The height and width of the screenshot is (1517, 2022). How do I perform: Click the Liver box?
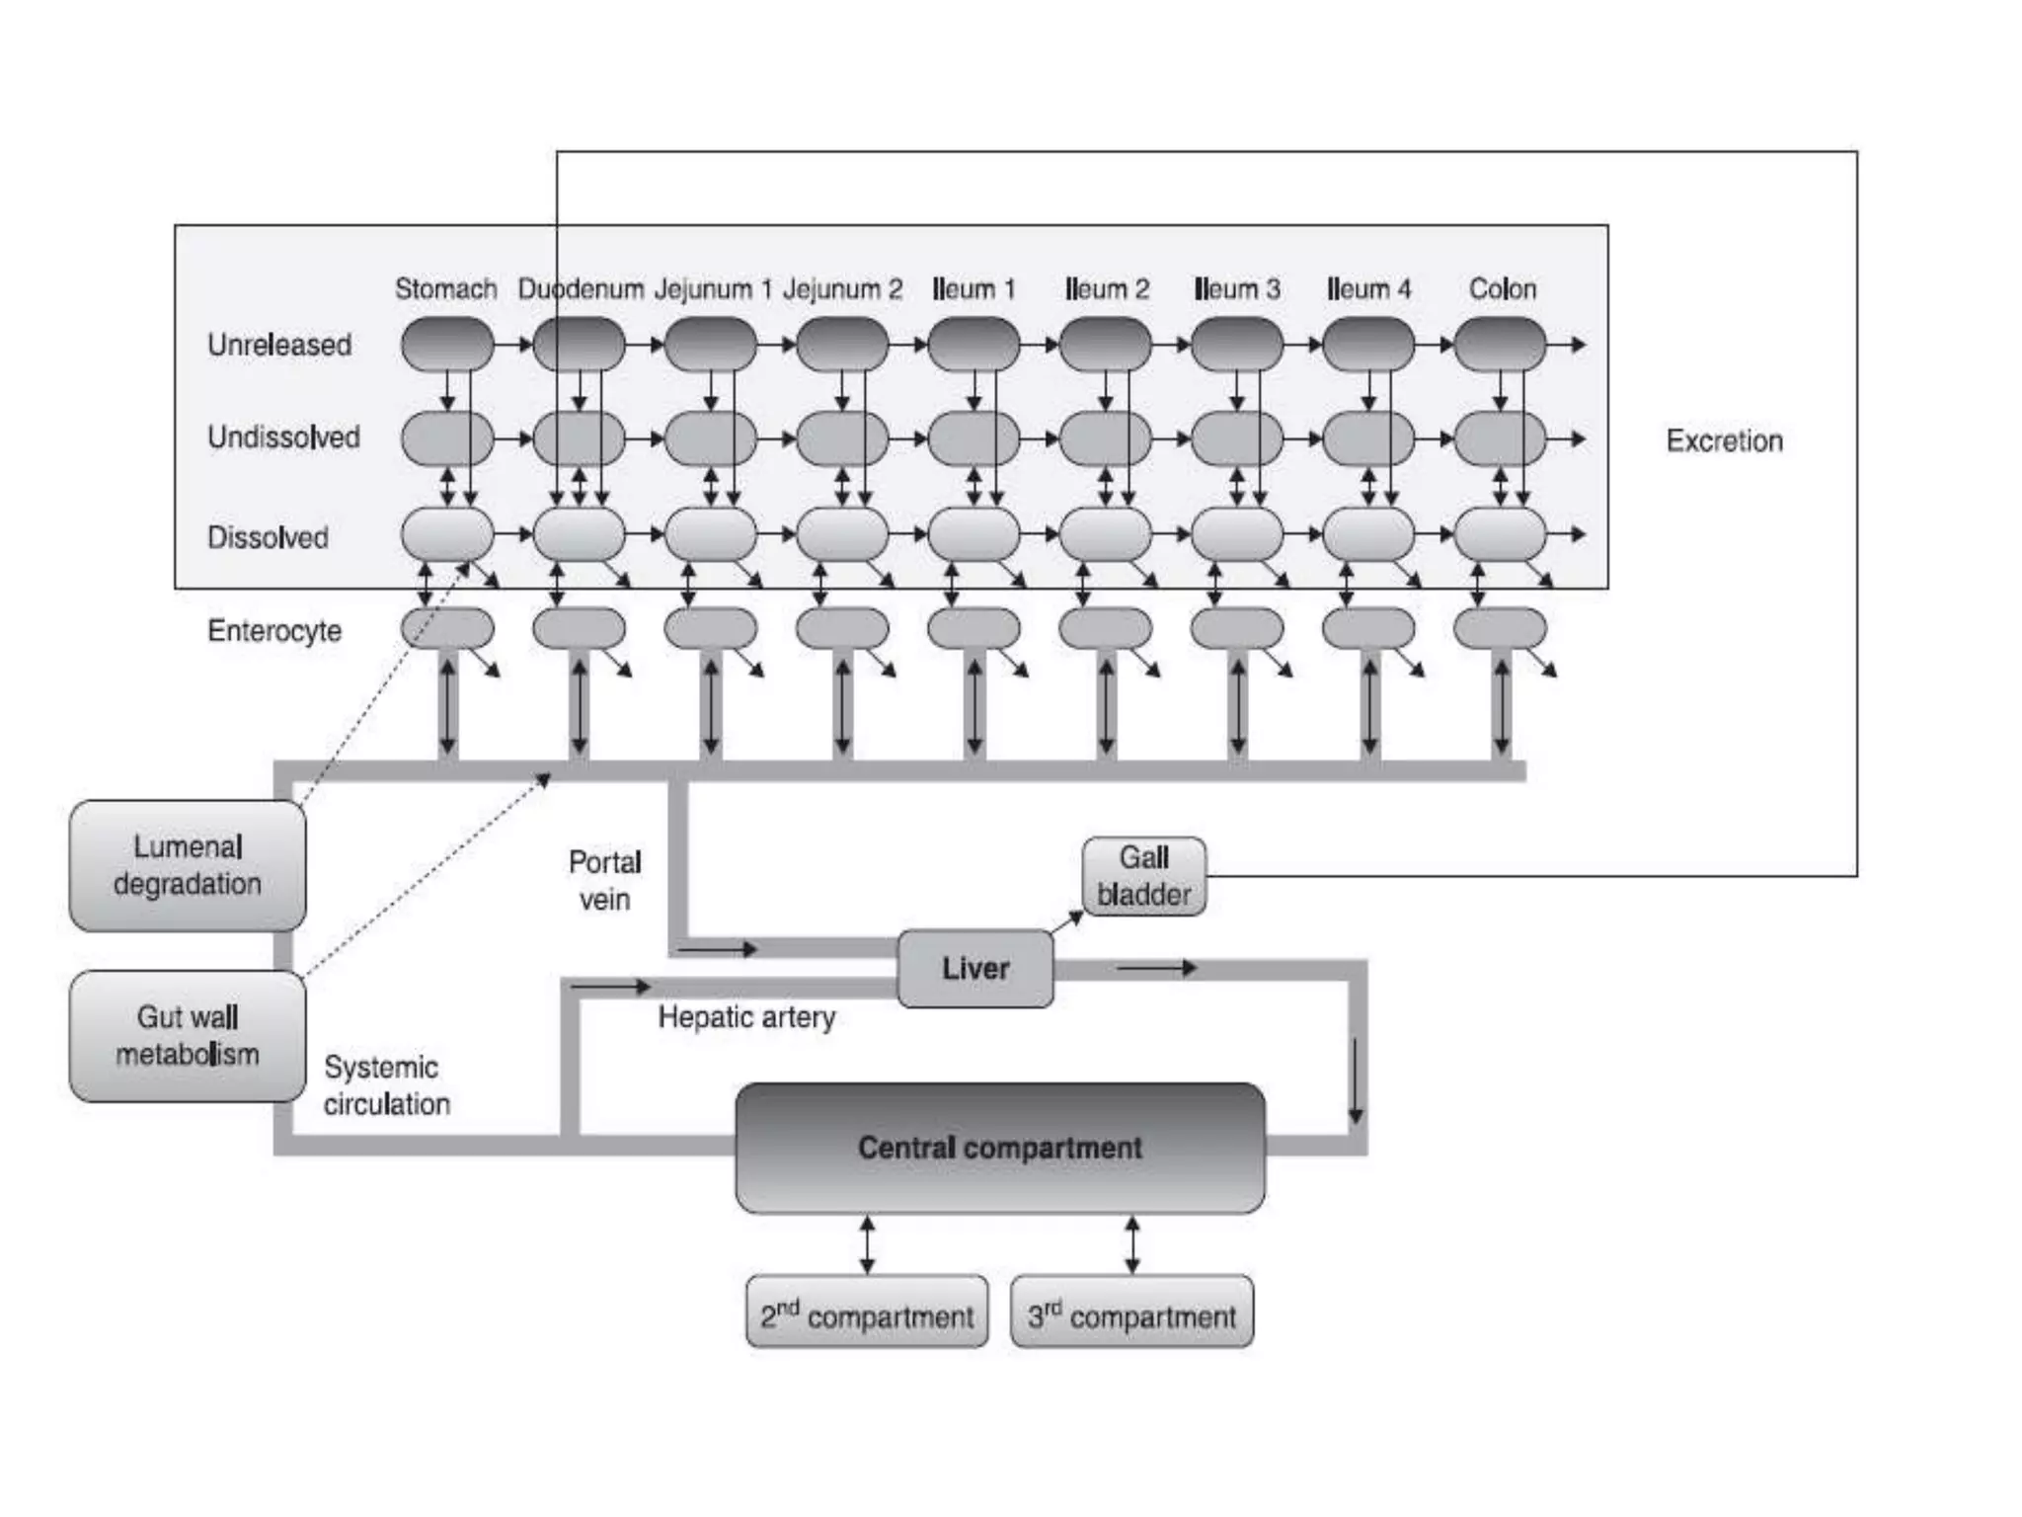tap(974, 969)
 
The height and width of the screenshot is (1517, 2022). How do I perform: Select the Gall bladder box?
tap(1143, 876)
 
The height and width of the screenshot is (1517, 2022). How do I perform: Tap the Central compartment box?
tap(999, 1148)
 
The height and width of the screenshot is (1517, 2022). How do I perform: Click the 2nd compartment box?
tap(867, 1313)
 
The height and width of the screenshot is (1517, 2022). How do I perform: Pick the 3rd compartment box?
tap(1131, 1313)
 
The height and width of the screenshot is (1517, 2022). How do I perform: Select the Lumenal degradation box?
tap(188, 865)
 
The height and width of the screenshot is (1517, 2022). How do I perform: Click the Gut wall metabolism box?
tap(188, 1036)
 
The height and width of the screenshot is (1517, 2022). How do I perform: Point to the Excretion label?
tap(1724, 440)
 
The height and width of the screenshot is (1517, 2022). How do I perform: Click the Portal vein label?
tap(604, 880)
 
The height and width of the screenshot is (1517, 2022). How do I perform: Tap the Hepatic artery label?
tap(746, 1017)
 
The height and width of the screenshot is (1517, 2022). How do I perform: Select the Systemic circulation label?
tap(385, 1085)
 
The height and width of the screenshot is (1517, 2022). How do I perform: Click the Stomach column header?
tap(445, 288)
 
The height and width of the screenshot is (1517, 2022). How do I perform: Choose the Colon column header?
tap(1502, 288)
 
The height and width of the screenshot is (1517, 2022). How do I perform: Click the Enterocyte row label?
tap(274, 630)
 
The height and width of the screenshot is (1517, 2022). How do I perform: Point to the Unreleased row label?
tap(278, 345)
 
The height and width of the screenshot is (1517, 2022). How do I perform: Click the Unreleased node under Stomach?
tap(447, 345)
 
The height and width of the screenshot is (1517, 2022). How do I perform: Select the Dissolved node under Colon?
tap(1500, 534)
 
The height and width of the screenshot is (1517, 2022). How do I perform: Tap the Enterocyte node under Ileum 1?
tap(973, 628)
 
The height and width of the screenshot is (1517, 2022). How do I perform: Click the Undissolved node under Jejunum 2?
tap(842, 439)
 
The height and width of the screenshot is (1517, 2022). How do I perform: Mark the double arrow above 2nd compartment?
tap(867, 1244)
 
